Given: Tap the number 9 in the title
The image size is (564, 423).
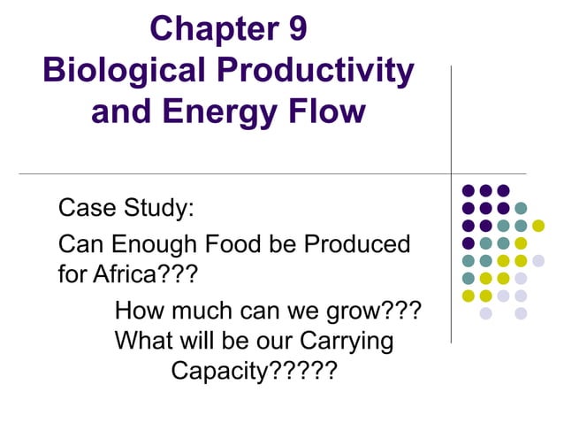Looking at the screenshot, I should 297,28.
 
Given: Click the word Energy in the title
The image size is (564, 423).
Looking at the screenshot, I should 225,112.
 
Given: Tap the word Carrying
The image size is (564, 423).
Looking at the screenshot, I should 344,341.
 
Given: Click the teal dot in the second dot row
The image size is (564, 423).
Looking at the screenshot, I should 521,208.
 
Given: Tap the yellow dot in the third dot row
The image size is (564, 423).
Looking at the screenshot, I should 537,226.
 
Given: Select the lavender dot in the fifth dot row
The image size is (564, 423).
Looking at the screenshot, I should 537,260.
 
